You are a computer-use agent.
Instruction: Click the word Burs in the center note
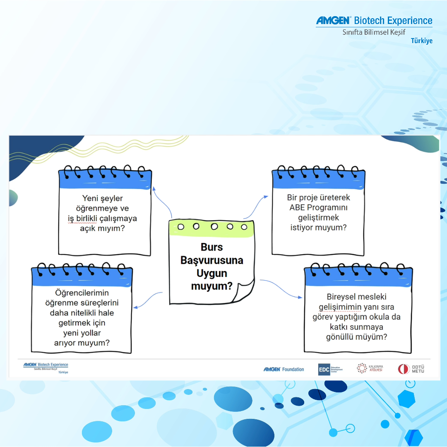pyautogui.click(x=211, y=247)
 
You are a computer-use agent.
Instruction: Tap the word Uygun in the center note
pyautogui.click(x=211, y=273)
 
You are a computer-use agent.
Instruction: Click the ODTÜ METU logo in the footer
pyautogui.click(x=411, y=369)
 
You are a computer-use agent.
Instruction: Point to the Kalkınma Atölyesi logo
pyautogui.click(x=370, y=368)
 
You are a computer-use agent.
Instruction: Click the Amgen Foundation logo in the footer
pyautogui.click(x=284, y=369)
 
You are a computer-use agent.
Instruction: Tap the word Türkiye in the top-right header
pyautogui.click(x=421, y=41)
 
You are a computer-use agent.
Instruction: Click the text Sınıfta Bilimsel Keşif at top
pyautogui.click(x=374, y=32)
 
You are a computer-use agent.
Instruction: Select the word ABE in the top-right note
pyautogui.click(x=297, y=207)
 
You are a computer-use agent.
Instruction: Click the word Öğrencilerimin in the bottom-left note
pyautogui.click(x=82, y=293)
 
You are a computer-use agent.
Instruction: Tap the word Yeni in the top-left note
pyautogui.click(x=91, y=198)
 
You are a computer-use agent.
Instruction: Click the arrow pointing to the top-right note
pyautogui.click(x=257, y=205)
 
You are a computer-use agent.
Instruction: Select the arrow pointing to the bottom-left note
pyautogui.click(x=147, y=300)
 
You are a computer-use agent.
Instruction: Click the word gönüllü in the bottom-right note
pyautogui.click(x=340, y=337)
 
